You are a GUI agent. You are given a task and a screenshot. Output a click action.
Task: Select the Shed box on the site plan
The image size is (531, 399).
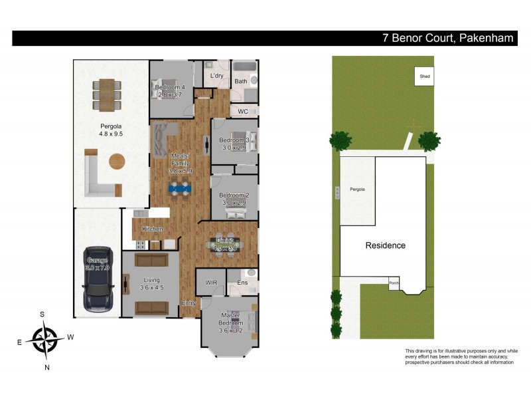click(425, 76)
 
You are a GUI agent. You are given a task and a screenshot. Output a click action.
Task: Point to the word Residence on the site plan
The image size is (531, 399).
click(386, 245)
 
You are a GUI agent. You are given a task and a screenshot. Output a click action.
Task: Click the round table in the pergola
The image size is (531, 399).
click(117, 162)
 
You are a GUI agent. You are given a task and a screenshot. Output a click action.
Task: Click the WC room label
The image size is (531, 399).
click(243, 111)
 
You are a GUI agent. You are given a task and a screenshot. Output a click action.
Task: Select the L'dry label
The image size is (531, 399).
click(216, 76)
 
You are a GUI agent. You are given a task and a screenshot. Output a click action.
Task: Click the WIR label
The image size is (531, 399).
click(211, 283)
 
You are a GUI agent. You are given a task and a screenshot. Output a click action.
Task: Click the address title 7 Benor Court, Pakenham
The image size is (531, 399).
click(447, 38)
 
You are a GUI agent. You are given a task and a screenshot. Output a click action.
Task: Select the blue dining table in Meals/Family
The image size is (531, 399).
click(181, 188)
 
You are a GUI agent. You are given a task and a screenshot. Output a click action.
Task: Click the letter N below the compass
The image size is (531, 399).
click(46, 366)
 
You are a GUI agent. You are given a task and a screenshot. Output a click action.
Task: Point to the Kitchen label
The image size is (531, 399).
click(152, 229)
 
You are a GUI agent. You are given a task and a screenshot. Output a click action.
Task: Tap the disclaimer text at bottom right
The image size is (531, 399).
click(461, 356)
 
